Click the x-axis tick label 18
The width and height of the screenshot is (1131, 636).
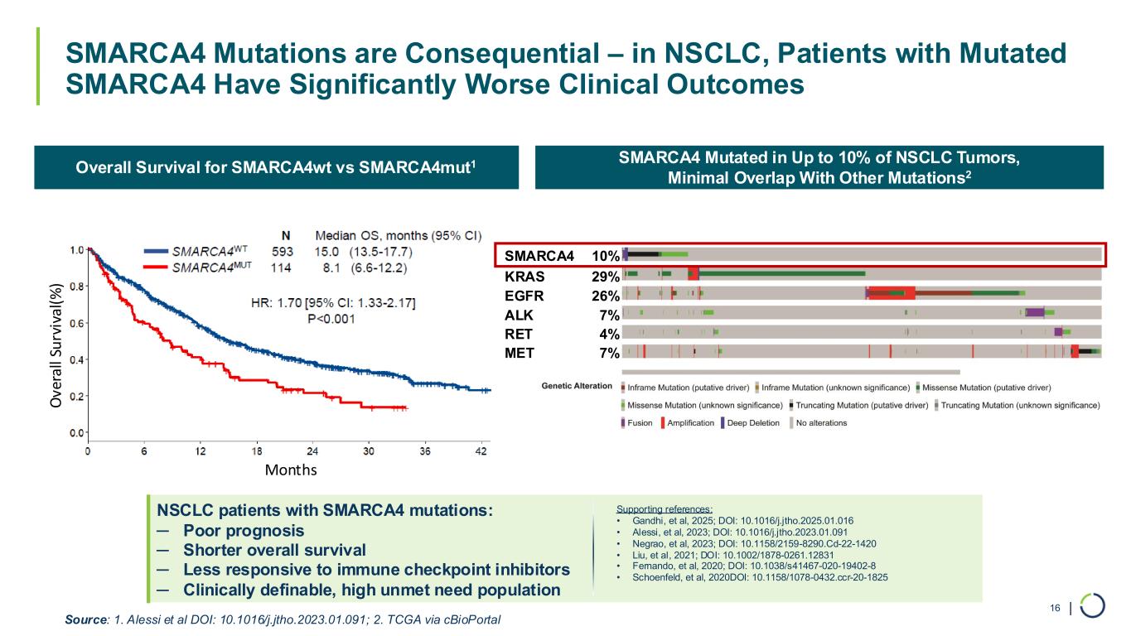[257, 451]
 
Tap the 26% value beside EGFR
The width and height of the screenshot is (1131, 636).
[606, 295]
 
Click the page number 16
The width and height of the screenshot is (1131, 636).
[1055, 609]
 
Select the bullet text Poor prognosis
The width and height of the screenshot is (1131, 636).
[244, 530]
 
